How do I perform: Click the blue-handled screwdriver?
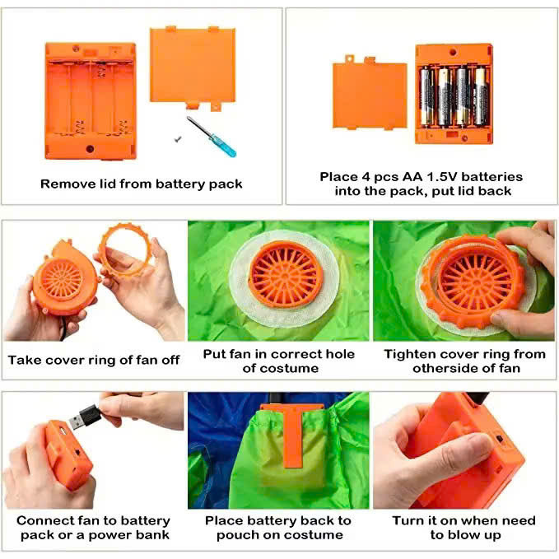(x=212, y=137)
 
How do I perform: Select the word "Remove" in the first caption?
(x=60, y=184)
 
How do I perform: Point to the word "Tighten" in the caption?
(x=405, y=354)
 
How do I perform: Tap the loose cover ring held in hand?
(x=125, y=249)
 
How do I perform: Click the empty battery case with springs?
(x=91, y=101)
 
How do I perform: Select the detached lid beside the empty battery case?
(x=193, y=68)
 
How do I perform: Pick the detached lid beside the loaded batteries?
(x=370, y=93)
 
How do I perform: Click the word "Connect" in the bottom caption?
(x=40, y=520)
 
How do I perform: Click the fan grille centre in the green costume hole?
(x=285, y=275)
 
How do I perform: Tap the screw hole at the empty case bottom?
(x=90, y=149)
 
